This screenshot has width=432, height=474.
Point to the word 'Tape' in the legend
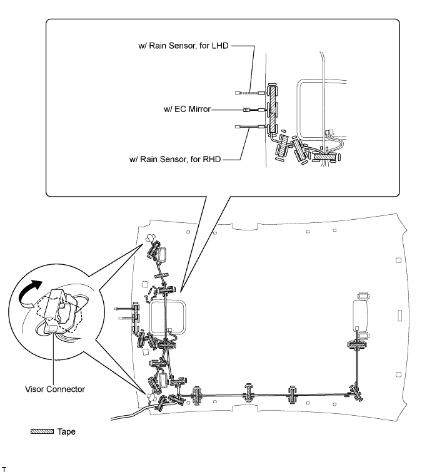pyautogui.click(x=67, y=431)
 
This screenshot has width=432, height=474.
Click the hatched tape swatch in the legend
pyautogui.click(x=43, y=431)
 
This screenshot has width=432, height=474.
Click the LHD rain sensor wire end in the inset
pyautogui.click(x=239, y=91)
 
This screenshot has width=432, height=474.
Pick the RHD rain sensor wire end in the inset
pyautogui.click(x=239, y=127)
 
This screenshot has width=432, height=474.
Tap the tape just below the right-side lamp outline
pyautogui.click(x=357, y=345)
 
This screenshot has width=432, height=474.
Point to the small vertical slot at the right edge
pyautogui.click(x=398, y=260)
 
